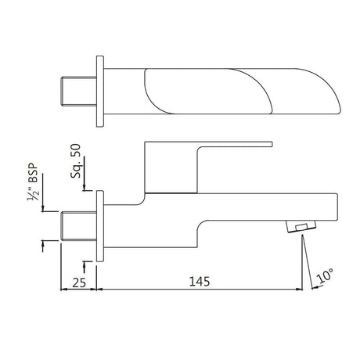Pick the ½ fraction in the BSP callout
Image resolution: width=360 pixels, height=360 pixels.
coord(32,193)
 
